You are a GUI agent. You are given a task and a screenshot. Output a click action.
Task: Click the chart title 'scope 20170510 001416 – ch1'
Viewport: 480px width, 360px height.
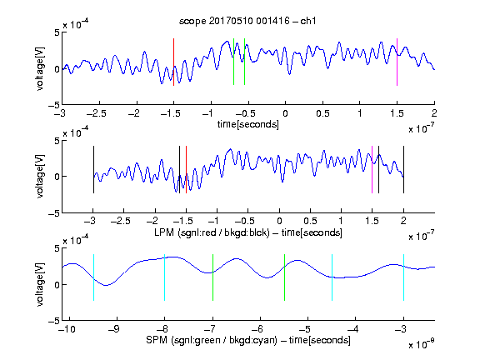pos(247,21)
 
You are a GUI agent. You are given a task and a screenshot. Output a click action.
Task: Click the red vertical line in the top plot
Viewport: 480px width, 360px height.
pos(173,62)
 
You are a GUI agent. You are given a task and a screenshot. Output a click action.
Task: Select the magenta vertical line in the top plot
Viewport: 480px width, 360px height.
pos(397,62)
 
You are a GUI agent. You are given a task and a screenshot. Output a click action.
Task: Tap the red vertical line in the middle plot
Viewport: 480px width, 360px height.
pos(186,170)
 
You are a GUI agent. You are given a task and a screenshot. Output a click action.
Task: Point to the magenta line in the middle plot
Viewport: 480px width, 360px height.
pos(372,170)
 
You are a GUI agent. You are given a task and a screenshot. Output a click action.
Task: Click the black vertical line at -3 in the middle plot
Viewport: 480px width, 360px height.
pos(93,170)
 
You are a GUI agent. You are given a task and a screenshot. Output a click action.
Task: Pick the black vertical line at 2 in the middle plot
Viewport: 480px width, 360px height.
pos(403,170)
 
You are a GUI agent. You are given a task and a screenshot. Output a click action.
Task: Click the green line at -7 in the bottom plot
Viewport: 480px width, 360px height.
pos(212,277)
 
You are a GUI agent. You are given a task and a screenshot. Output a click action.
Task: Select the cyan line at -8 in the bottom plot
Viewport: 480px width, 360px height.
pos(164,277)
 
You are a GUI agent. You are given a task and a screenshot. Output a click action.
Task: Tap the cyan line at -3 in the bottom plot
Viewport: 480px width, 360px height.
pos(403,277)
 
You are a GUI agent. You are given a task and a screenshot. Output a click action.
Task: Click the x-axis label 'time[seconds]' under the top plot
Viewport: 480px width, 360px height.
pos(248,124)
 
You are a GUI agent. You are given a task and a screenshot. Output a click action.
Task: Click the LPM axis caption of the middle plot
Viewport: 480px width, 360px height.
pos(248,232)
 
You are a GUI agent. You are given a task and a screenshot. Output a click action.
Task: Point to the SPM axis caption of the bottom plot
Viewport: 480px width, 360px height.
pos(248,340)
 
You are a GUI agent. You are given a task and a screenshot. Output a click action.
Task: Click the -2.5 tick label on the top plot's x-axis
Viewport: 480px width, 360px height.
pos(97,113)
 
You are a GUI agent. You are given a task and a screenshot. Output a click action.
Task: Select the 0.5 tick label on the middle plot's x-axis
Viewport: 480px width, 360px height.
pos(310,221)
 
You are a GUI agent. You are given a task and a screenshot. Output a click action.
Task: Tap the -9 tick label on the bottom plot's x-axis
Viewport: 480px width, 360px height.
pos(114,329)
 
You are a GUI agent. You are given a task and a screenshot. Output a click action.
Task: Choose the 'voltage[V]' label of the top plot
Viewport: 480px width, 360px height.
pos(40,68)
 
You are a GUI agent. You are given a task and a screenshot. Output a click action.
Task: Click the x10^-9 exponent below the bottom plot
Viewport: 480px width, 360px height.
pos(421,344)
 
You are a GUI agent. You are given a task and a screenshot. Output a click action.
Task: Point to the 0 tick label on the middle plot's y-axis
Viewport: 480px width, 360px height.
pos(57,177)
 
